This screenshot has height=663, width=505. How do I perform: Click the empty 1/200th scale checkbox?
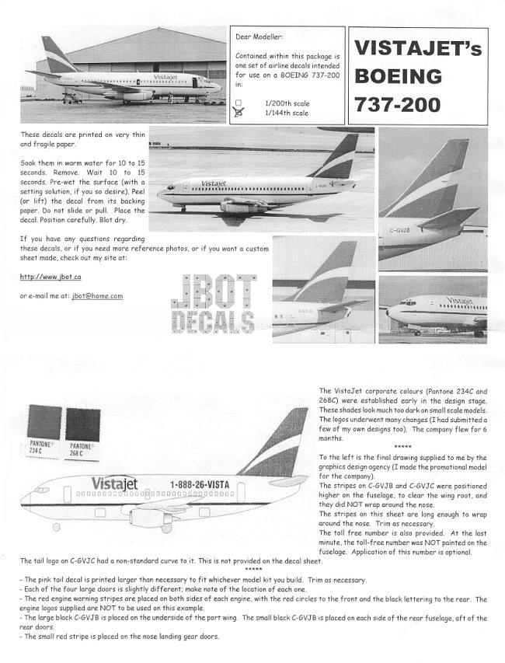tap(239, 103)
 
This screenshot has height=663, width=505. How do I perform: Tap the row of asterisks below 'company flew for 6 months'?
tap(402, 447)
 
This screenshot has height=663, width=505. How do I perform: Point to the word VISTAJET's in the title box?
tap(418, 49)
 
